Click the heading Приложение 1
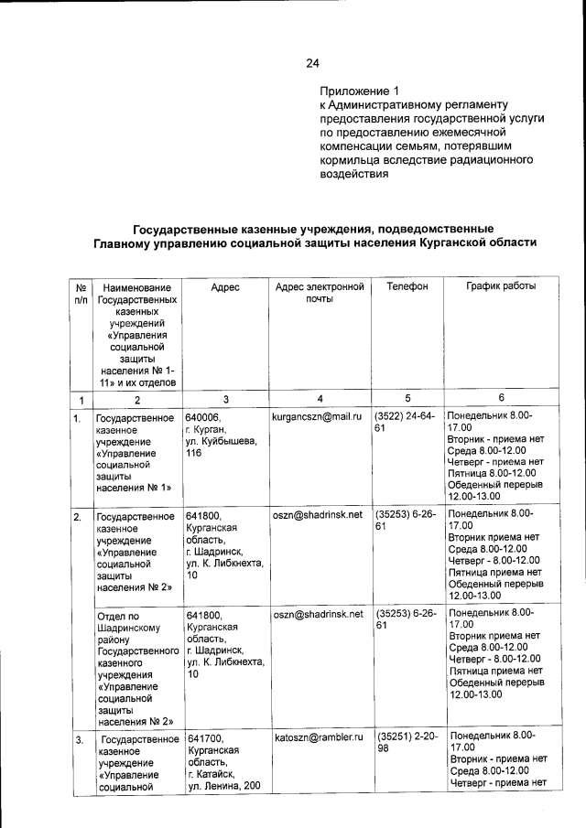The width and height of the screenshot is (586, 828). pyautogui.click(x=360, y=91)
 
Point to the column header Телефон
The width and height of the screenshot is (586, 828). pyautogui.click(x=407, y=286)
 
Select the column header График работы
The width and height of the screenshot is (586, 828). pyautogui.click(x=501, y=286)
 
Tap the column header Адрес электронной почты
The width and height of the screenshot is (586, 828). pyautogui.click(x=320, y=293)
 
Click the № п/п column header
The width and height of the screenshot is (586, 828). pyautogui.click(x=80, y=293)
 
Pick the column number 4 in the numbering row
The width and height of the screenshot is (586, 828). pyautogui.click(x=320, y=398)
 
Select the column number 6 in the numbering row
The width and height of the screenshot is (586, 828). pyautogui.click(x=501, y=398)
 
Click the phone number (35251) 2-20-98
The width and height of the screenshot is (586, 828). pyautogui.click(x=406, y=742)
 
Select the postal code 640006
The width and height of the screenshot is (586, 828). pyautogui.click(x=203, y=416)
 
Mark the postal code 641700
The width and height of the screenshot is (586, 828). pyautogui.click(x=203, y=737)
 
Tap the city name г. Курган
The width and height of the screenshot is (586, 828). pyautogui.click(x=205, y=429)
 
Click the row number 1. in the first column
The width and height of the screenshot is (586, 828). pyautogui.click(x=80, y=418)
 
